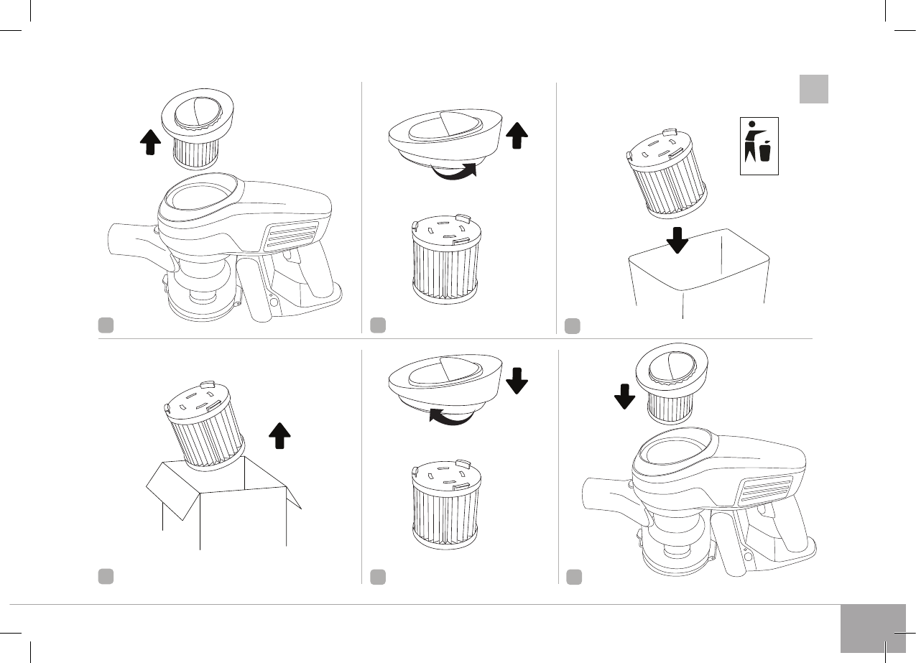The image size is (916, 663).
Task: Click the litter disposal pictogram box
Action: click(759, 147)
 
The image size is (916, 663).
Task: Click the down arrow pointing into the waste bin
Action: click(677, 238)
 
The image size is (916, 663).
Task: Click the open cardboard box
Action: click(223, 503)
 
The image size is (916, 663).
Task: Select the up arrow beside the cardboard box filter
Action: click(280, 435)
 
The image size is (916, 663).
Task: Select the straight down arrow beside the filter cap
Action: click(517, 380)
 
